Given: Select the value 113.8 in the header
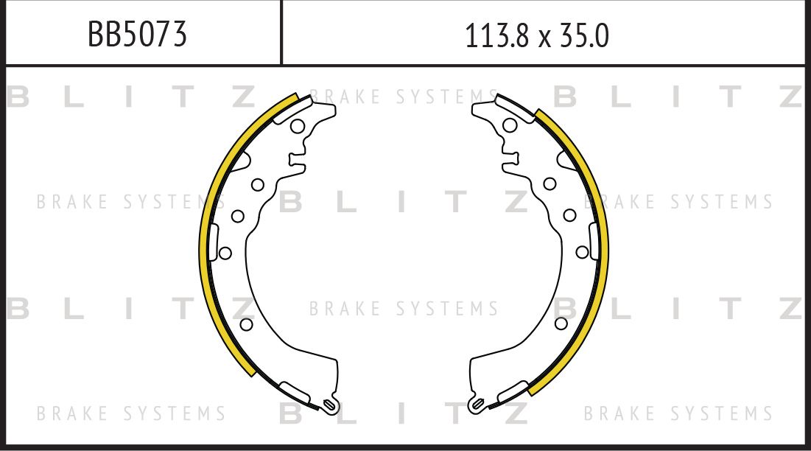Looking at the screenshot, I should [x=496, y=35].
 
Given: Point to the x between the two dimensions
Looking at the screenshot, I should [x=544, y=38].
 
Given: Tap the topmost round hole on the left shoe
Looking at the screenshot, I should [x=297, y=126].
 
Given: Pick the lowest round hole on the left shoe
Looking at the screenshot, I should [x=247, y=324].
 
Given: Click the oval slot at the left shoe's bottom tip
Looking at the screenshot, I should [x=330, y=404].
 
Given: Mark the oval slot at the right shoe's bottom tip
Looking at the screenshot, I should [x=477, y=404].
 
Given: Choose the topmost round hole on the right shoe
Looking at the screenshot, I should [x=510, y=125].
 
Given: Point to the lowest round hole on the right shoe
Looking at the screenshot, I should [x=561, y=324].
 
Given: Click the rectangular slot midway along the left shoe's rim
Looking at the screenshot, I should [x=213, y=242].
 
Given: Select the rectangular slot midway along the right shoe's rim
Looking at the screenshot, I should [x=594, y=242].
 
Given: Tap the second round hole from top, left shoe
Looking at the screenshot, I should [x=258, y=184].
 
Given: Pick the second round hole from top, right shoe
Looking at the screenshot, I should [x=550, y=183].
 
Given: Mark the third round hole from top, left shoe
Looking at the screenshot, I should [x=238, y=216].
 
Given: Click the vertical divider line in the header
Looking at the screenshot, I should [x=281, y=32].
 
